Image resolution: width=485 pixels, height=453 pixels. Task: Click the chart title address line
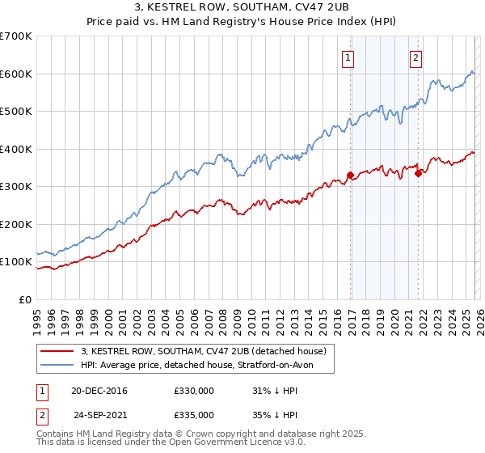[x=242, y=8]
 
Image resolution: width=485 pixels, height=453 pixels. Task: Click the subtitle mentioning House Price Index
[x=242, y=22]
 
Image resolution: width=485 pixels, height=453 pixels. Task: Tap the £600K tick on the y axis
[x=16, y=74]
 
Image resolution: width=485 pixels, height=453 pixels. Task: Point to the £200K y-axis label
[x=16, y=224]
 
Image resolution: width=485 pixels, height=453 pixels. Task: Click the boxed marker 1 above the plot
[x=348, y=57]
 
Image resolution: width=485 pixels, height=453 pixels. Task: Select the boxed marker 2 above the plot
[x=415, y=57]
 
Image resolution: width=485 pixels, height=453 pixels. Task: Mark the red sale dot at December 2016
[x=350, y=175]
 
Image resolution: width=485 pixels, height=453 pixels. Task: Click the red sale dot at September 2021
[x=418, y=173]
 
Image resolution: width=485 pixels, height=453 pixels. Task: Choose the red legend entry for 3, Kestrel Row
[x=203, y=351]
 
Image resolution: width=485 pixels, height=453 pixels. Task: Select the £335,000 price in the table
[x=194, y=414]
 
